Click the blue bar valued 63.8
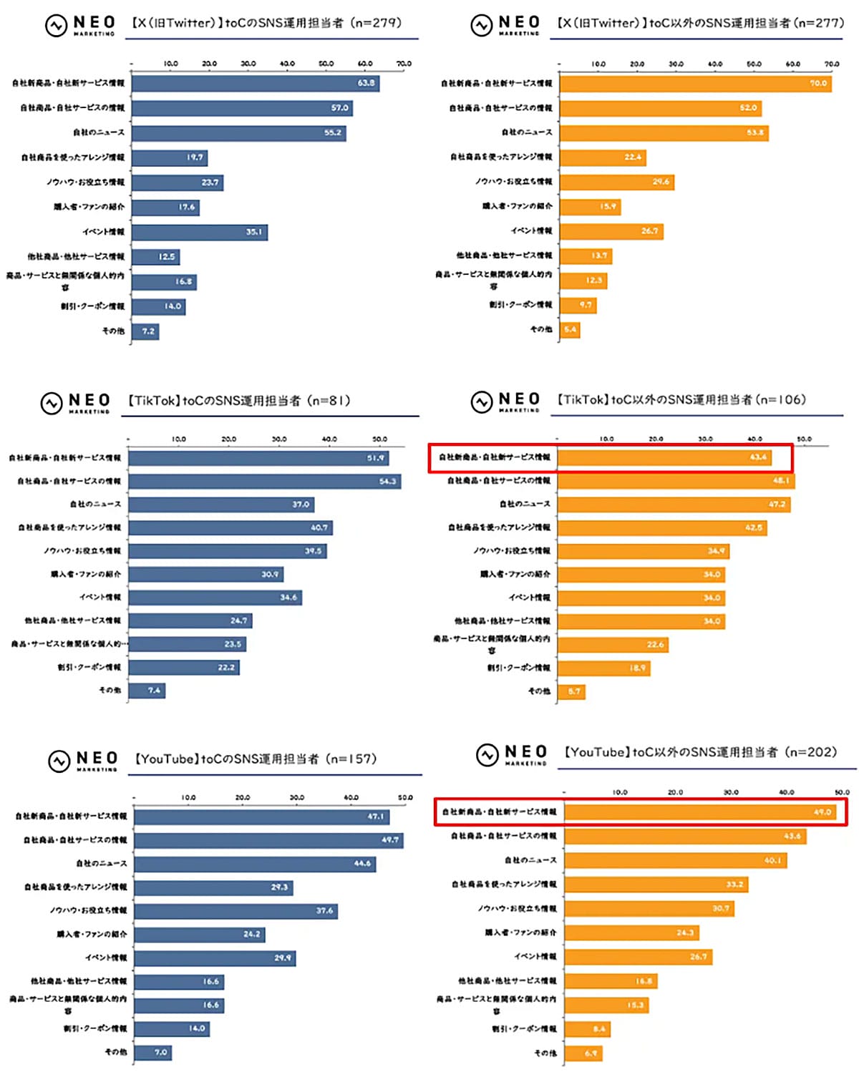(x=256, y=83)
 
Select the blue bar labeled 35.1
(x=200, y=232)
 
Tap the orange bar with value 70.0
(x=695, y=84)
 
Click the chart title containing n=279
(x=266, y=24)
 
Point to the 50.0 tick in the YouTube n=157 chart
(x=405, y=797)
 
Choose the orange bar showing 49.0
(x=700, y=812)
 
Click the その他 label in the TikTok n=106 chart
(x=539, y=691)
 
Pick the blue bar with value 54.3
(x=265, y=482)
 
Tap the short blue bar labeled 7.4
(x=147, y=691)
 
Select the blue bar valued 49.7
(x=268, y=840)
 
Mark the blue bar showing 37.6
(x=236, y=911)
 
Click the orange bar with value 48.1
(x=676, y=481)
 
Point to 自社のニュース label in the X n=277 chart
(x=526, y=132)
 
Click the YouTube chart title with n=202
(x=700, y=753)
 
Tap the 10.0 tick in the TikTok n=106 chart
(x=606, y=439)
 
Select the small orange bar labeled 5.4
(x=570, y=330)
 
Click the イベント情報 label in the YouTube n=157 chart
(x=106, y=957)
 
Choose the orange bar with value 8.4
(x=587, y=1029)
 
